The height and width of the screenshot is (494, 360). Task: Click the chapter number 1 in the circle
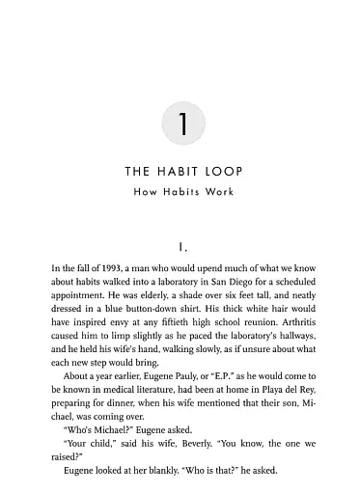click(x=180, y=125)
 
